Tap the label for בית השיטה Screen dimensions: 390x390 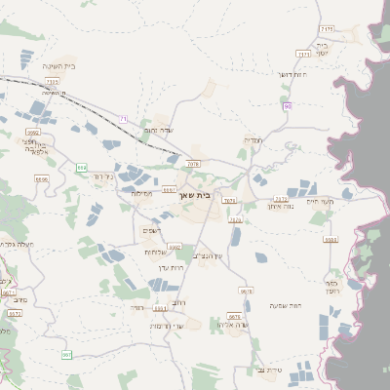coord(59,66)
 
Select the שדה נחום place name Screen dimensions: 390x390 coord(158,130)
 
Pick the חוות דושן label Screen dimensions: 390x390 coord(292,75)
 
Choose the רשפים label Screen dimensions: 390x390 coord(151,230)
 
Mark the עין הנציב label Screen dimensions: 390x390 coord(208,255)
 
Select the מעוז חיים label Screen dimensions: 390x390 coord(347,201)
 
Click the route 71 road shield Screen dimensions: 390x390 coord(124,118)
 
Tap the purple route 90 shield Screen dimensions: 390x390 coord(287,105)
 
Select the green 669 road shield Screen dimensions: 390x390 coord(81,167)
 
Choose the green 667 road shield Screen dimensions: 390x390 coord(67,355)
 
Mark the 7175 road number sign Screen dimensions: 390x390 coord(327,29)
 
